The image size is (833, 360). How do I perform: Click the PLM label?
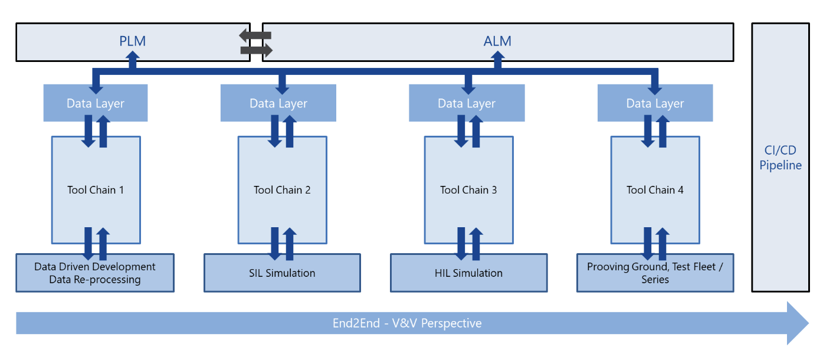[x=132, y=41]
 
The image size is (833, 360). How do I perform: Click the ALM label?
[x=497, y=41]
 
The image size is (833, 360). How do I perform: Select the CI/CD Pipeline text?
[x=780, y=158]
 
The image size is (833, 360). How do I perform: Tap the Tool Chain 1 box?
[x=96, y=190]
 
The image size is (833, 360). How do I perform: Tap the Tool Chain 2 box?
[x=282, y=190]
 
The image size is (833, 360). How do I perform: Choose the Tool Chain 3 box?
[x=468, y=190]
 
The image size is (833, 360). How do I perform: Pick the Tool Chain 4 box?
[x=655, y=190]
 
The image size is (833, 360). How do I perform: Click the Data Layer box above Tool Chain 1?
[x=96, y=103]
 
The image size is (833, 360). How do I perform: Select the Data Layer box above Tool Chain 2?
[x=278, y=103]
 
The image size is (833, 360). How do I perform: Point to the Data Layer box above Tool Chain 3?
[x=467, y=103]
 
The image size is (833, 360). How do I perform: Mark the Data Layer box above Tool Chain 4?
[x=655, y=103]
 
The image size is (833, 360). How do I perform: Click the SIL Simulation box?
[x=282, y=273]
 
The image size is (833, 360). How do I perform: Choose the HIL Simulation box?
[x=468, y=273]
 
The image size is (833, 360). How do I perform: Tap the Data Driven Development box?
[x=95, y=273]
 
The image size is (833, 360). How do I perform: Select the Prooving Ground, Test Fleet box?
[x=655, y=273]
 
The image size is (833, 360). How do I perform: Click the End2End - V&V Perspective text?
[x=407, y=323]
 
